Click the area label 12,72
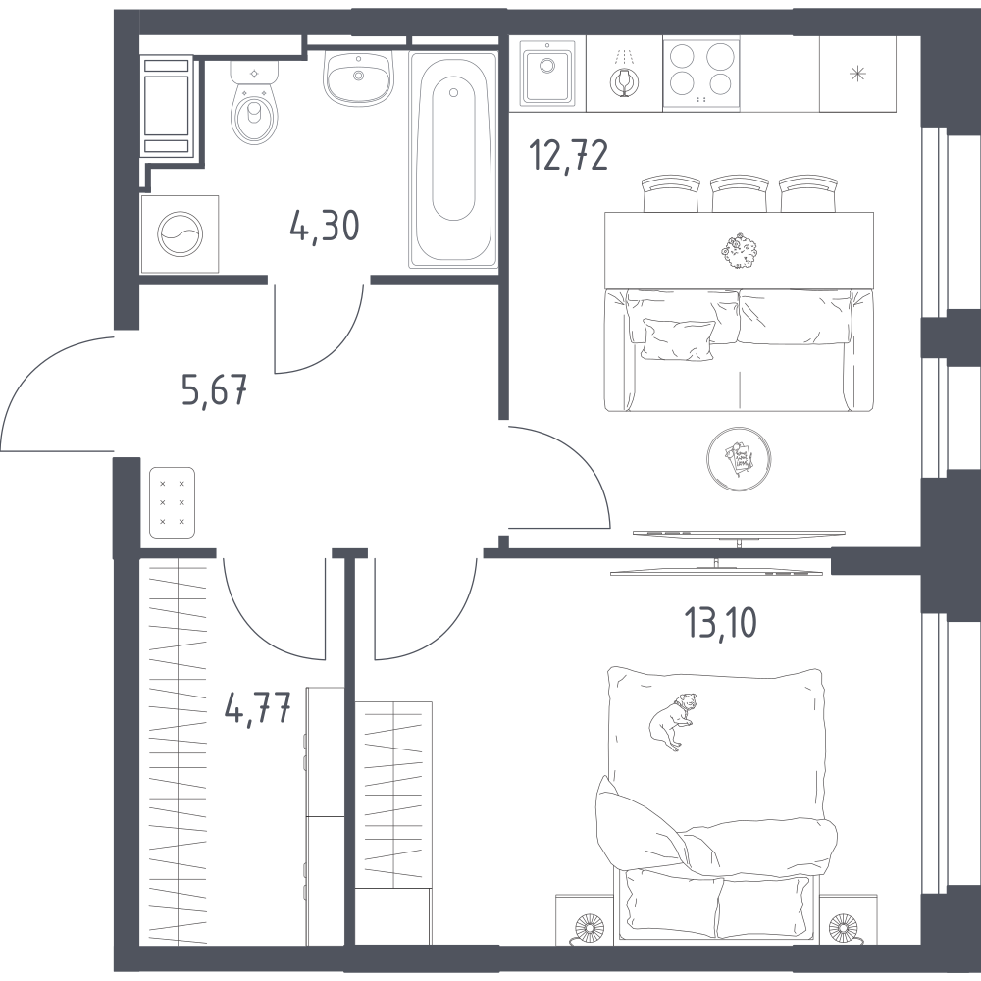(x=568, y=155)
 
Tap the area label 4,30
(x=325, y=226)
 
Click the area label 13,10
(x=720, y=623)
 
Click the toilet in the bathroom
(x=254, y=102)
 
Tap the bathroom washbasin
(x=358, y=78)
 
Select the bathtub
(x=453, y=160)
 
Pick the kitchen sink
(x=547, y=74)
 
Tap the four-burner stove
(x=701, y=74)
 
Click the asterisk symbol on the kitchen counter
(x=857, y=74)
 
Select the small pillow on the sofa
(x=678, y=340)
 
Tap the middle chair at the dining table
(x=739, y=193)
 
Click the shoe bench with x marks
(x=172, y=502)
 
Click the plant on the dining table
(x=739, y=250)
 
